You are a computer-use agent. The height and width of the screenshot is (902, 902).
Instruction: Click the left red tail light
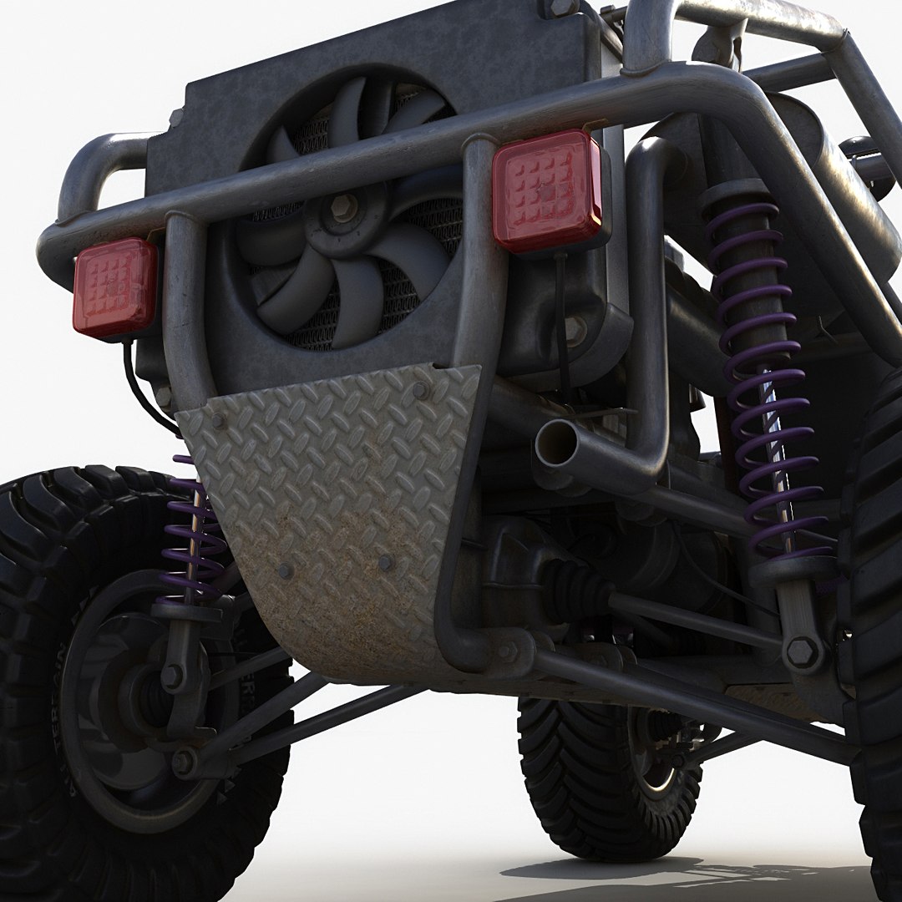pos(115,288)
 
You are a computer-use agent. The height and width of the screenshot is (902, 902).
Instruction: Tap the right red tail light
pos(547,190)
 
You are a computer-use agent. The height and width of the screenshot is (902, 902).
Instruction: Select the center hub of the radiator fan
pos(343,209)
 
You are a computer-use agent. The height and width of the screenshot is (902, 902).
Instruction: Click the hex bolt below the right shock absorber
pos(803,651)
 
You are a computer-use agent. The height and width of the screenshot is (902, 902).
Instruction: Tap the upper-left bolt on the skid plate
pos(218,420)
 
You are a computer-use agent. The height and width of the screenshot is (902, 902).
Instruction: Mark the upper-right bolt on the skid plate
pos(420,390)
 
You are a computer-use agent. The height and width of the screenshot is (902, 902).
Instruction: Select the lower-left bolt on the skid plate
pos(285,571)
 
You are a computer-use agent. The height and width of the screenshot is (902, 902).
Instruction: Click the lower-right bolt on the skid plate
pos(385,562)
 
